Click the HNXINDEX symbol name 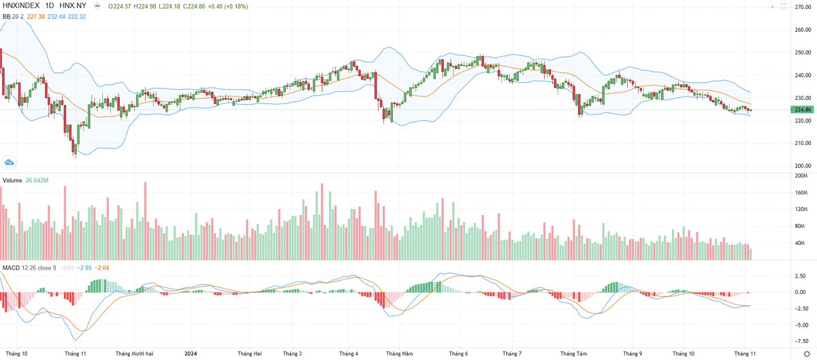(20, 6)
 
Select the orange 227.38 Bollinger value (37, 16)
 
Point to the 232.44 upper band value (57, 16)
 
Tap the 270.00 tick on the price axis (801, 7)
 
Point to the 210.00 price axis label (801, 143)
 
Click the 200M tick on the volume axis (801, 176)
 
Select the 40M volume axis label (801, 243)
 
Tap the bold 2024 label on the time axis (191, 354)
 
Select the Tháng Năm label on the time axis (399, 354)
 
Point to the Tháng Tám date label (573, 354)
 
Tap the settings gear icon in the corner (806, 354)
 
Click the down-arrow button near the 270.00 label (773, 6)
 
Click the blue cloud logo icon (10, 162)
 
